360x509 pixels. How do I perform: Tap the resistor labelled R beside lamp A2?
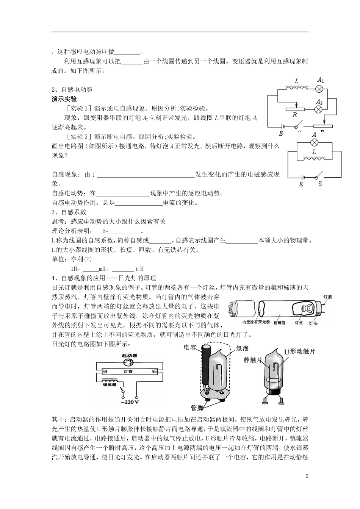coord(296,109)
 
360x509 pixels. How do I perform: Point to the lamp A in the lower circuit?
coord(314,143)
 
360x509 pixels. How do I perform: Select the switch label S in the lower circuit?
coord(319,184)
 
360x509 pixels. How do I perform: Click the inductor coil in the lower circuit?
coord(314,158)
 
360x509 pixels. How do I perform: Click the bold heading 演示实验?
coord(64,99)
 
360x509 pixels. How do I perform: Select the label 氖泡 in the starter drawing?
coord(242,348)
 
